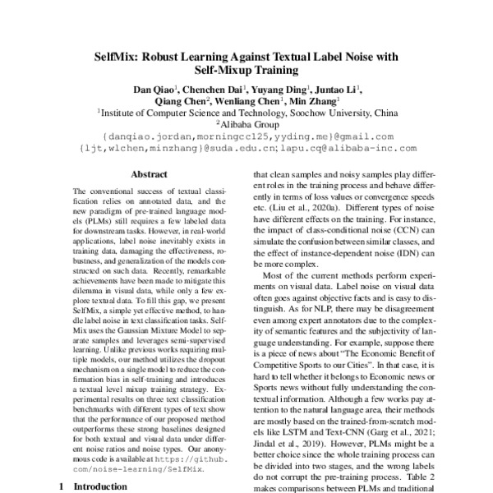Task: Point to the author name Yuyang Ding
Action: [x=279, y=89]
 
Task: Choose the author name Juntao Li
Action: [x=337, y=89]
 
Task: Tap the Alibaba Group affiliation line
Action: [x=246, y=126]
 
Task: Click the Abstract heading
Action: [x=149, y=174]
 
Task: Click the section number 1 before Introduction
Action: [x=63, y=486]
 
